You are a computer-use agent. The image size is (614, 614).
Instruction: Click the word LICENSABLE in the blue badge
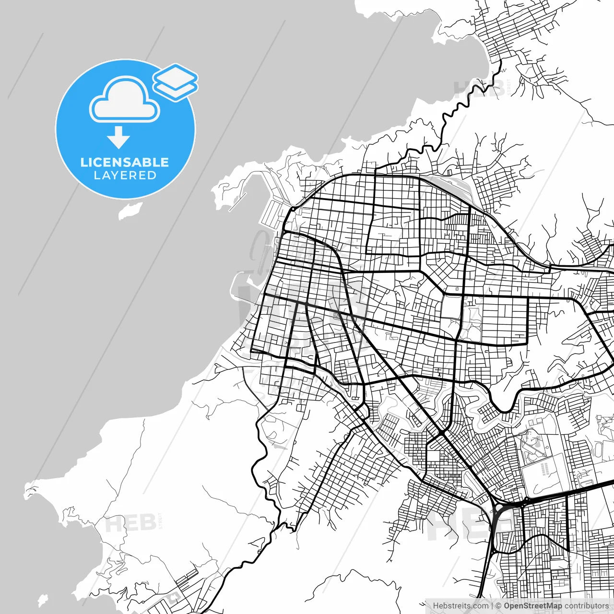125,162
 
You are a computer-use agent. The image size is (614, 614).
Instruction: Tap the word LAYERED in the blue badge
125,176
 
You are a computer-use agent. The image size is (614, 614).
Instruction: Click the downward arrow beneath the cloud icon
118,138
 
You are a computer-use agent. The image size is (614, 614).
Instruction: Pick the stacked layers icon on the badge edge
176,82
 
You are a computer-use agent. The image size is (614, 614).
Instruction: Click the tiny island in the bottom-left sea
43,600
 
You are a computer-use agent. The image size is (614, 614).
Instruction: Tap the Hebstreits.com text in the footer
460,606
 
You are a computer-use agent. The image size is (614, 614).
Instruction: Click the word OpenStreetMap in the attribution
532,606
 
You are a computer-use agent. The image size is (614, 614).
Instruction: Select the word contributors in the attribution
586,606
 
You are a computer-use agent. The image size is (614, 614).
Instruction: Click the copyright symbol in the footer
498,606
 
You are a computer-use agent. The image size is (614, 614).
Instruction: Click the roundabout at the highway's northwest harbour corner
292,210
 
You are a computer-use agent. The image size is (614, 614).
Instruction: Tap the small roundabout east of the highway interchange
526,500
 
